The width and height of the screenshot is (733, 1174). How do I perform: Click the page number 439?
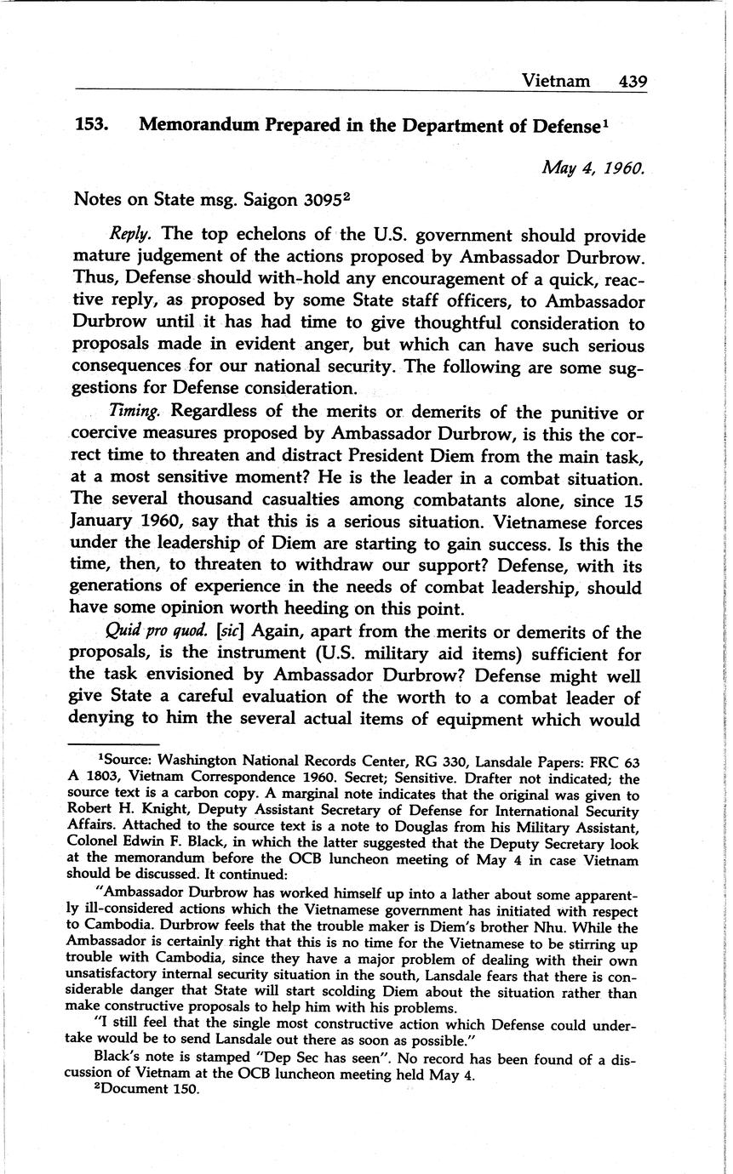tap(633, 81)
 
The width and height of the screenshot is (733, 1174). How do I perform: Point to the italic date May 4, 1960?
tap(593, 168)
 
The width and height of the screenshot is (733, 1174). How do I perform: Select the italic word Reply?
tap(130, 235)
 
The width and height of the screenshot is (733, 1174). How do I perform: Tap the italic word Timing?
tap(135, 412)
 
